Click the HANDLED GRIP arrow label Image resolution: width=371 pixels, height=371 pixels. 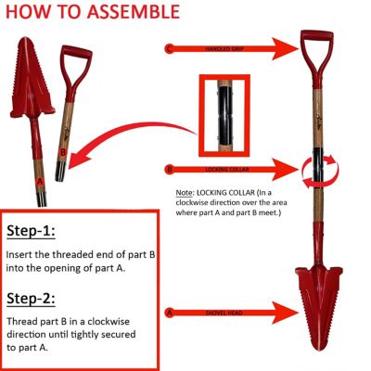coord(222,46)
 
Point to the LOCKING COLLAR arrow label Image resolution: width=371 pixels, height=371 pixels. coord(222,170)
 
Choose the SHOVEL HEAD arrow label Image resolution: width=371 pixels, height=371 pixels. coord(222,313)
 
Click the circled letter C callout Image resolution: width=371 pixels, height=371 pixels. coord(168,46)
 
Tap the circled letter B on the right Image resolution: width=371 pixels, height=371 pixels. coord(168,170)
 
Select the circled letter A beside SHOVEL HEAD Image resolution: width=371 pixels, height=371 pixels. coord(168,313)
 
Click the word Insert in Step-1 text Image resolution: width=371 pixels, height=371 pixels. coord(21,252)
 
